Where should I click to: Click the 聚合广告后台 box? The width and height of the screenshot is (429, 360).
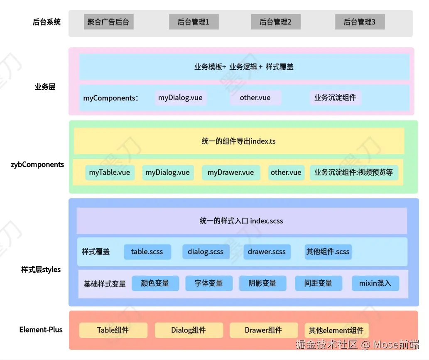[x=108, y=22]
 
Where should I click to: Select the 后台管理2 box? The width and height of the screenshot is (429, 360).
[x=275, y=22]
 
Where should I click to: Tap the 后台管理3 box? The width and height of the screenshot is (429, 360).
[x=359, y=22]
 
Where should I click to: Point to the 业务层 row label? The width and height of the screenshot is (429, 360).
[x=45, y=87]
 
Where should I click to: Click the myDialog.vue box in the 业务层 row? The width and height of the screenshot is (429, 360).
[x=180, y=98]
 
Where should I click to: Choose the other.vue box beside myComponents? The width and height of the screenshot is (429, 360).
[x=255, y=98]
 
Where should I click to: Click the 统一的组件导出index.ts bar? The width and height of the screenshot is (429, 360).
[x=239, y=141]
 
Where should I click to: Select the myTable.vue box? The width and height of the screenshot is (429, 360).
[x=110, y=172]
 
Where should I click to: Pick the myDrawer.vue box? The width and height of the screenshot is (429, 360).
[x=230, y=172]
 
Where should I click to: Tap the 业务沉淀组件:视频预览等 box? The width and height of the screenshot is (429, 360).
[x=353, y=172]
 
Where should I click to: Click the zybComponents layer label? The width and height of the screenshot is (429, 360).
[x=37, y=164]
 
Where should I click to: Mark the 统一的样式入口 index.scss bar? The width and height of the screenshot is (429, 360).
[x=241, y=221]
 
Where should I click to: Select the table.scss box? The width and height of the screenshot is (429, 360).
[x=147, y=252]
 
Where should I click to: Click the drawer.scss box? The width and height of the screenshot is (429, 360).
[x=267, y=252]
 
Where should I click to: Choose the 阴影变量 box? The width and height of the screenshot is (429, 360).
[x=262, y=283]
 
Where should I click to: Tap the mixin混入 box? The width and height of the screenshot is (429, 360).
[x=375, y=283]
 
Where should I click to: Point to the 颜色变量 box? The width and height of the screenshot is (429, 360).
[x=155, y=283]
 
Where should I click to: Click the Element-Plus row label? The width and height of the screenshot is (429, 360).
[x=41, y=330]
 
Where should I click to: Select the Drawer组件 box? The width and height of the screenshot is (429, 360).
[x=263, y=330]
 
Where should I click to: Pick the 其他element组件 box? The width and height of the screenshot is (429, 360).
[x=336, y=331]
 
